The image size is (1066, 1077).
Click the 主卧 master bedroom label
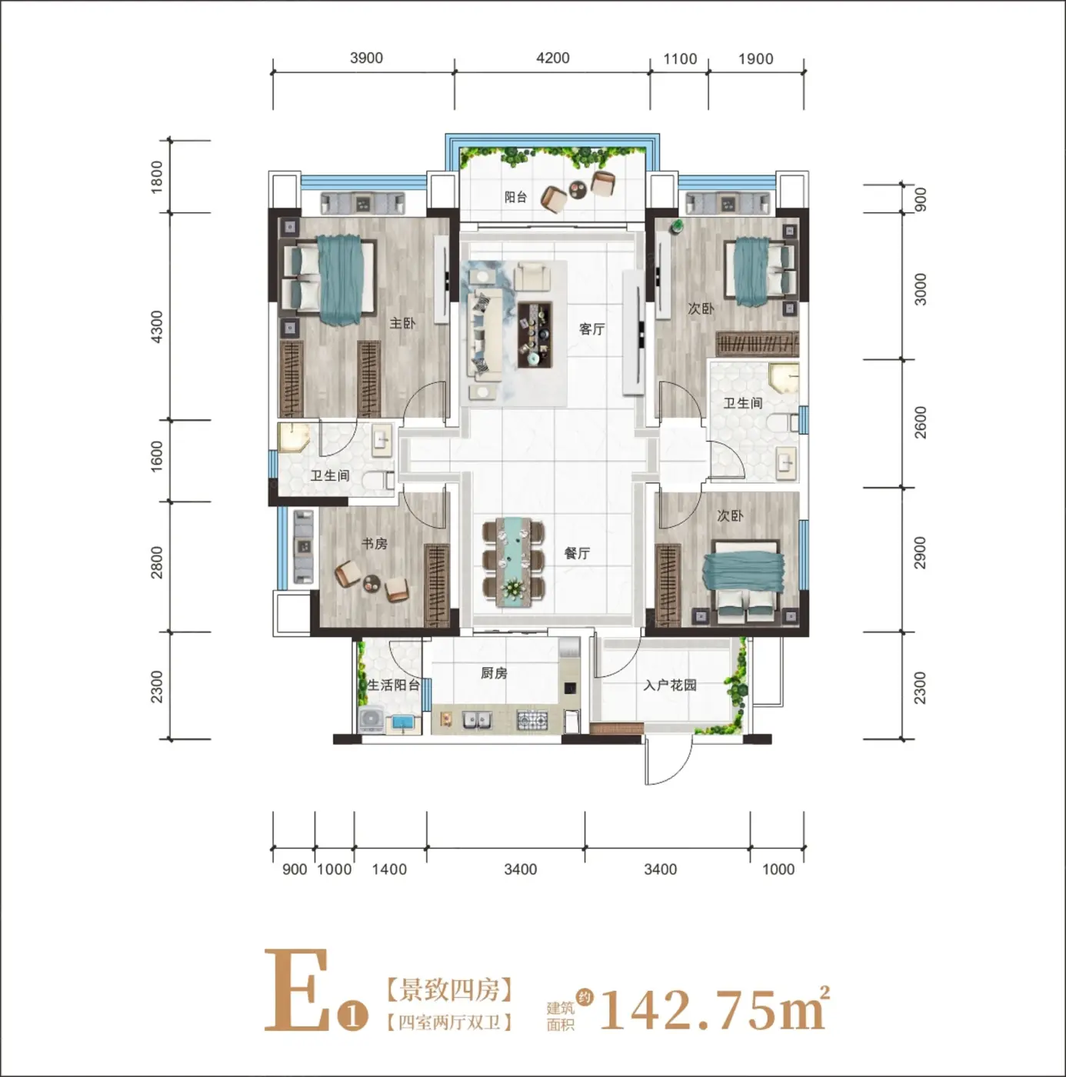tap(402, 323)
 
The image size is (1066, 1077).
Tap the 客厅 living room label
tap(592, 329)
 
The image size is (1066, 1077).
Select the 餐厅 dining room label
tap(577, 553)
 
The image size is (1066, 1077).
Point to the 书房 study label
tap(374, 543)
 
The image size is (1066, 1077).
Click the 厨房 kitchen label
tap(494, 673)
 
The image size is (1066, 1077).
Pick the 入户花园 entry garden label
tap(670, 685)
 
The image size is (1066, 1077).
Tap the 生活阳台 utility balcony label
tap(394, 685)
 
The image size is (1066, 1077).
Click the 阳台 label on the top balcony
tap(515, 197)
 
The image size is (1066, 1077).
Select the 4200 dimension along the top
tap(553, 58)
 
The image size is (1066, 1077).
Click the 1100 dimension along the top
tap(681, 58)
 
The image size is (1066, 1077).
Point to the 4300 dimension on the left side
tap(157, 327)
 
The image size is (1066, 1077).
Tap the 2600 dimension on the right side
tap(920, 422)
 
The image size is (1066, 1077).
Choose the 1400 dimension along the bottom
tap(390, 869)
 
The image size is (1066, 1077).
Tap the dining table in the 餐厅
tap(514, 562)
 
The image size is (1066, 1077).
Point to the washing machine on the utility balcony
tap(371, 720)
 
